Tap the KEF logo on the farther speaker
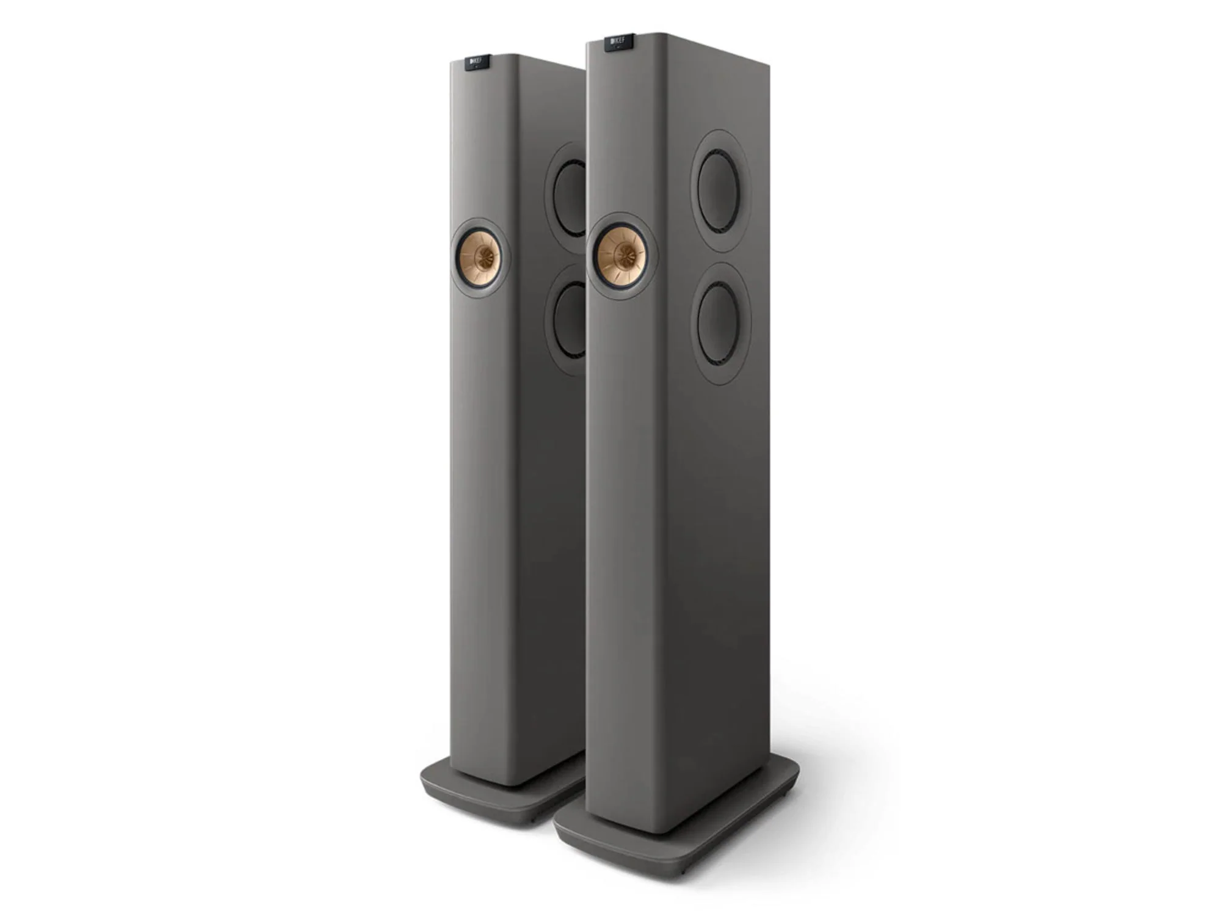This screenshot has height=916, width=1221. point(477,62)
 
